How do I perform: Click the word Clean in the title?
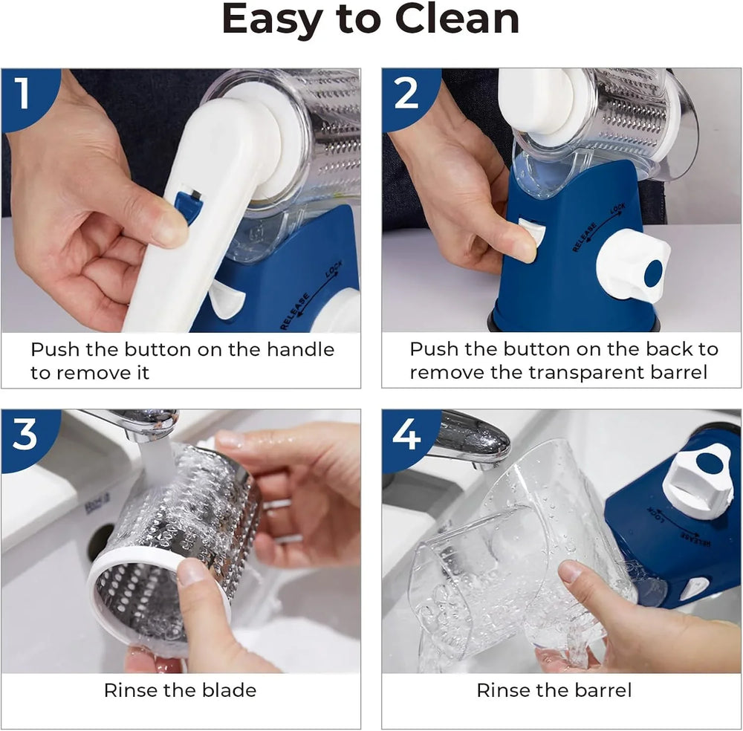tap(457, 19)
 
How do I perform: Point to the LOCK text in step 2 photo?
tap(618, 209)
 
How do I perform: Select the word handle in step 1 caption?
tap(300, 350)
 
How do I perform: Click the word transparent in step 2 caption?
tap(585, 372)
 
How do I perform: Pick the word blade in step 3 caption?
tap(230, 690)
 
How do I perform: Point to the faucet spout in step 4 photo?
tap(474, 438)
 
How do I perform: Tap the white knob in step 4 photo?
tap(699, 484)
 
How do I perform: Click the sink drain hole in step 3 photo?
tap(100, 540)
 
